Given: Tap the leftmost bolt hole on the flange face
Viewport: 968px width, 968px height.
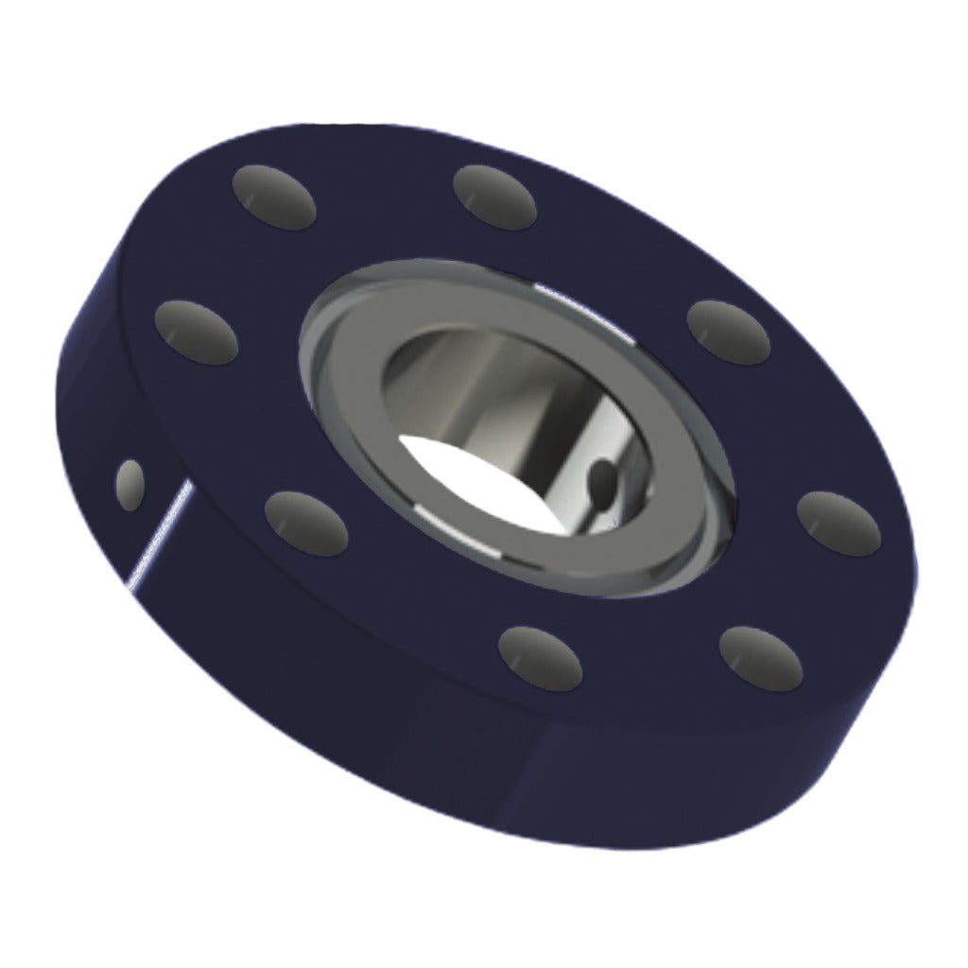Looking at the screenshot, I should (x=197, y=332).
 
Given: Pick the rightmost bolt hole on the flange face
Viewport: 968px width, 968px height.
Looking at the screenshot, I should (x=838, y=523).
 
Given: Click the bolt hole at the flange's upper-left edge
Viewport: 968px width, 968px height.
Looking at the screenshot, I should (x=274, y=196).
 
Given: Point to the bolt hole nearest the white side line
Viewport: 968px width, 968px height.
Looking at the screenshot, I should (x=305, y=523).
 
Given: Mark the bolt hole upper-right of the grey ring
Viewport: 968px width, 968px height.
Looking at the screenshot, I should (x=728, y=332).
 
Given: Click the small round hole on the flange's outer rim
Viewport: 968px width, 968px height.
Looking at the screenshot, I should (x=130, y=484).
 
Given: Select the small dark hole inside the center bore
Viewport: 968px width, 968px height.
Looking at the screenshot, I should (x=601, y=482).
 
